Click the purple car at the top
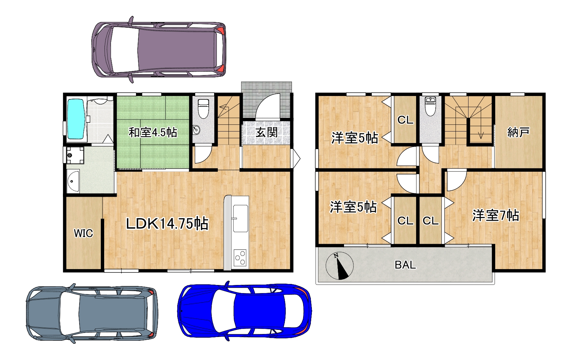[159, 49]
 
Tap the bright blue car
[244, 311]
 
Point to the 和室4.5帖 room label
[153, 133]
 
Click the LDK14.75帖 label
[167, 223]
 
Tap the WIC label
[84, 233]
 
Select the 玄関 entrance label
[267, 133]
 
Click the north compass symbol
[340, 266]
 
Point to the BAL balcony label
[405, 265]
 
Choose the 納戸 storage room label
[518, 132]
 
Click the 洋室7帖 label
[496, 215]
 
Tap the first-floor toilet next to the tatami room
[204, 109]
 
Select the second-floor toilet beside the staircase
[430, 106]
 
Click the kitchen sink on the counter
[241, 218]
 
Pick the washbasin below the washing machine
[73, 181]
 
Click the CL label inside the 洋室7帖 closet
[431, 221]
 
